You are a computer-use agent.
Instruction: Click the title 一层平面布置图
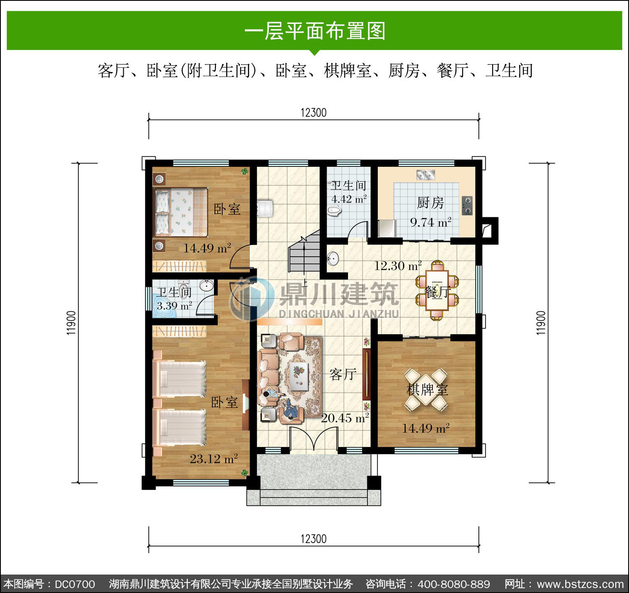pos(315,31)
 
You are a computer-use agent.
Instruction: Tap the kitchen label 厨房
pos(430,203)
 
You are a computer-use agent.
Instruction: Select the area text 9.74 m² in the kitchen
pos(431,222)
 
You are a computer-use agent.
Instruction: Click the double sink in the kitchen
pos(426,174)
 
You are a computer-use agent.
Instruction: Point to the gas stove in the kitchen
pos(467,205)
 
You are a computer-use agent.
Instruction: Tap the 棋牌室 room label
pos(427,390)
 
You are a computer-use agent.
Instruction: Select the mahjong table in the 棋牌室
pos(426,389)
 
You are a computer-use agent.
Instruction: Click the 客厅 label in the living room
pos(343,375)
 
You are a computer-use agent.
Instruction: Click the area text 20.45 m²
pos(345,418)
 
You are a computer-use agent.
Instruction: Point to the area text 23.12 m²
pos(214,459)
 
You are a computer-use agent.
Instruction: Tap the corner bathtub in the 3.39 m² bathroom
pos(165,306)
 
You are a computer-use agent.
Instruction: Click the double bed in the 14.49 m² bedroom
pos(181,212)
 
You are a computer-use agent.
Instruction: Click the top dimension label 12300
pos(314,113)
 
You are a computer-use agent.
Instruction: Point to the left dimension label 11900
pos(71,323)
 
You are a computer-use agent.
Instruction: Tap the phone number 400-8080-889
pos(454,584)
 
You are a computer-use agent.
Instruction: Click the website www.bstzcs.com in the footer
pos(580,584)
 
